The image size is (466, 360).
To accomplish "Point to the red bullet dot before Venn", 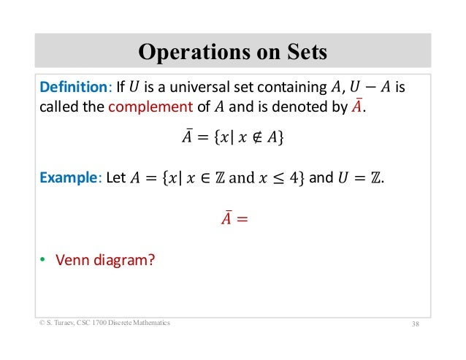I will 42,257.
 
